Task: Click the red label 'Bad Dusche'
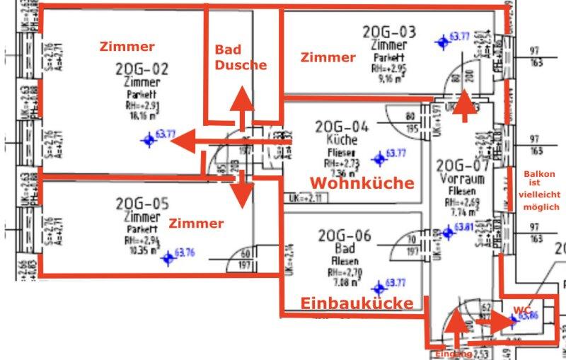click(x=241, y=57)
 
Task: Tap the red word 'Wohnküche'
click(x=362, y=182)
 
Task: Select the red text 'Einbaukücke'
click(x=357, y=303)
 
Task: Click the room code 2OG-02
click(x=142, y=69)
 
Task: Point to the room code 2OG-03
click(x=389, y=32)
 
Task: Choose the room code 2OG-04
click(x=342, y=127)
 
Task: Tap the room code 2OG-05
click(x=142, y=204)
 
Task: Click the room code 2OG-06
click(x=345, y=236)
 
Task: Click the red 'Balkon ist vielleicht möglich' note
click(x=541, y=190)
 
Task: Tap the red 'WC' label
click(x=522, y=310)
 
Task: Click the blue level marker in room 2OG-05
click(x=168, y=259)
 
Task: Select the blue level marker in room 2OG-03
click(x=444, y=41)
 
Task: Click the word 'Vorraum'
click(x=461, y=180)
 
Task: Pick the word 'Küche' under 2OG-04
click(x=342, y=141)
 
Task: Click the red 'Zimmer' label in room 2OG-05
click(x=196, y=223)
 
